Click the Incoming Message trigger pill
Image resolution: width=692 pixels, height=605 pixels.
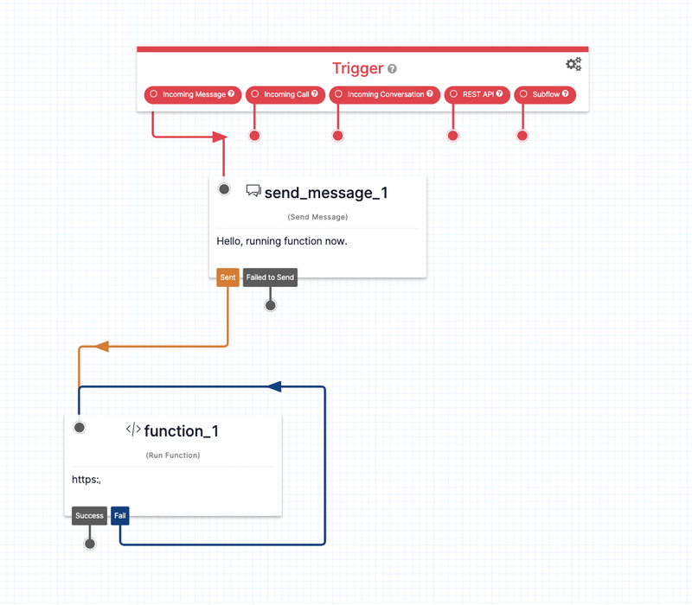point(193,94)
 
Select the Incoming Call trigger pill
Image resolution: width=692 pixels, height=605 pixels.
point(285,94)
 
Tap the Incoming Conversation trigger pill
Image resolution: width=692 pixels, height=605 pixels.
point(385,94)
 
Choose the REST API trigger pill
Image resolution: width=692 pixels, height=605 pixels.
point(477,94)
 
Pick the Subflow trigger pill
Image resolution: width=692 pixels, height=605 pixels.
point(545,94)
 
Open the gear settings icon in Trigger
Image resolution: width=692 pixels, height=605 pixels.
point(573,64)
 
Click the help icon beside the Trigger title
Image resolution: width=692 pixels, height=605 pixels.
point(392,69)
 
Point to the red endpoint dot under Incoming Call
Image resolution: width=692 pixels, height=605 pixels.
point(254,136)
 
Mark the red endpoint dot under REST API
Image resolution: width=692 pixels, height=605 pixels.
point(452,136)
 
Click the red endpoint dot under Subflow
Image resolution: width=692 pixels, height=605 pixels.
point(522,136)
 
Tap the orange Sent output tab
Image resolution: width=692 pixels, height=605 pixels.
point(227,277)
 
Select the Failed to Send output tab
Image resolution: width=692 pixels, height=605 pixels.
point(270,277)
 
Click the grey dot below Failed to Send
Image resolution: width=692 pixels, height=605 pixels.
point(271,305)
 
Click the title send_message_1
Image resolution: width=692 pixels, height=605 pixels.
point(326,193)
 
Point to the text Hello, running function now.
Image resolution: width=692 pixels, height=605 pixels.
point(282,241)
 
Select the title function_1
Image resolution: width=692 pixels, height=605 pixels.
point(182,430)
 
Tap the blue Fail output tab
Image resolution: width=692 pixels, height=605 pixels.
point(120,515)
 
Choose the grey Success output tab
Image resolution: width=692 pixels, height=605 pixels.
point(90,515)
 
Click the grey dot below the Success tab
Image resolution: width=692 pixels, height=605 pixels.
point(90,544)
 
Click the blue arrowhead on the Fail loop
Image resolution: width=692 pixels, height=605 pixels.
point(274,386)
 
